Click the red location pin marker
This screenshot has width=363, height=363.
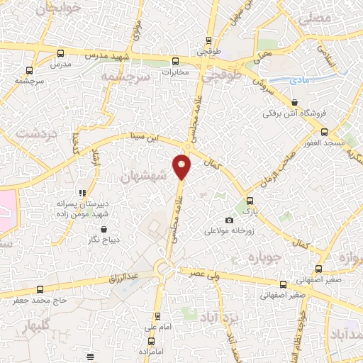click(183, 166)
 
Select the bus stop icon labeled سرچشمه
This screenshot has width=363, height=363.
click(29, 70)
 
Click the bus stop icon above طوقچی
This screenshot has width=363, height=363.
click(208, 41)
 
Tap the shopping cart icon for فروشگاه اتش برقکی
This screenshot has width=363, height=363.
click(294, 101)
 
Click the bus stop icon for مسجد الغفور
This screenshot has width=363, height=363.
click(324, 132)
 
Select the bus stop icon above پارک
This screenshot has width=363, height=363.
click(248, 200)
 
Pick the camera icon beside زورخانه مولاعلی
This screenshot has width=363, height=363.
click(228, 220)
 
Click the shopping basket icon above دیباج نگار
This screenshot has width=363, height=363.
click(104, 229)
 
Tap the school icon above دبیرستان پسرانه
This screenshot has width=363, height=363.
click(84, 192)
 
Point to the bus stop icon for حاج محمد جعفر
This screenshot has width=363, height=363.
click(40, 289)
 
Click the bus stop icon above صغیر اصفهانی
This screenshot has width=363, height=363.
click(318, 269)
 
